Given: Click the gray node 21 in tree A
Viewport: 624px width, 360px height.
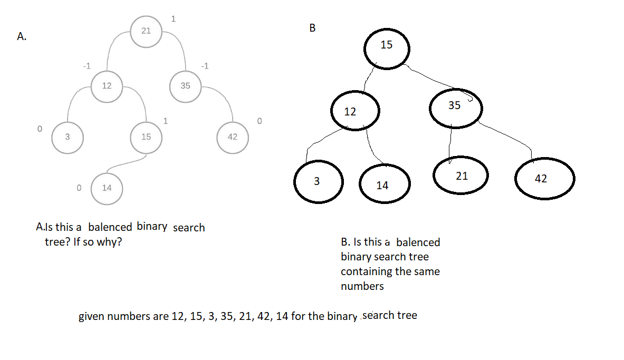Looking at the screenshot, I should coord(146,31).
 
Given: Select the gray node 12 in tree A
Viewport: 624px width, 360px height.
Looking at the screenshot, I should coord(107,86).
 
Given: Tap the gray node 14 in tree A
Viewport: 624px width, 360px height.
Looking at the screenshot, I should coord(107,188).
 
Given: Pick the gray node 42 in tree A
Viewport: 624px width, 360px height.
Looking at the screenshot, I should coord(233,137).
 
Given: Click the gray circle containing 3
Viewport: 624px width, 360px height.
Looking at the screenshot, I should coord(67,137).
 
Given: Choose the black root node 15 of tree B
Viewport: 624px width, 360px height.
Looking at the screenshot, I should coord(387,46).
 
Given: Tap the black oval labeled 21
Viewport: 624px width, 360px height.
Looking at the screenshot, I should coord(462,176).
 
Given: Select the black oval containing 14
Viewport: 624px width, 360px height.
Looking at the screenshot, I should coord(382,185).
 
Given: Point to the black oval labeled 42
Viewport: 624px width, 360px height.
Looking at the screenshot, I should coord(544,179).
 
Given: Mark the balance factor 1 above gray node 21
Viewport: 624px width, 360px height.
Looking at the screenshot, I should coord(174,20).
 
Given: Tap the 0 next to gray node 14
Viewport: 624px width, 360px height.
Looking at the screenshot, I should coord(79,187).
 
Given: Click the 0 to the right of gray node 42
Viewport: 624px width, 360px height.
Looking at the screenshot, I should coord(259,121).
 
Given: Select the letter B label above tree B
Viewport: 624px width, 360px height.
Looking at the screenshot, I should coord(312,28).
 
